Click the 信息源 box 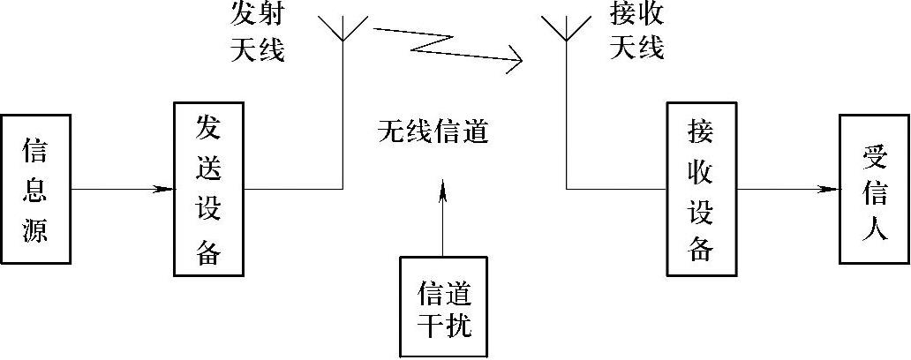(35, 189)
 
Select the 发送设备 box (207, 189)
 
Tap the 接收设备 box (701, 189)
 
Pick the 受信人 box (873, 189)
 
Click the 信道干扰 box (443, 307)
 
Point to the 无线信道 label (433, 132)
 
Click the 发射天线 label (257, 33)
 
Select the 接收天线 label (636, 33)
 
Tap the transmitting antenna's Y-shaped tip (343, 29)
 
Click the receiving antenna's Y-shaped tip (566, 29)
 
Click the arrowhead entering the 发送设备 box (164, 189)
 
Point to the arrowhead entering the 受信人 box (830, 189)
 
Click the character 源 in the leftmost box (35, 230)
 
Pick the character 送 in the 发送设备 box (207, 166)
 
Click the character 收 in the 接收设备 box (701, 166)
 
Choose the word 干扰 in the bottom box (444, 326)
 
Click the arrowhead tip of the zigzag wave (521, 61)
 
